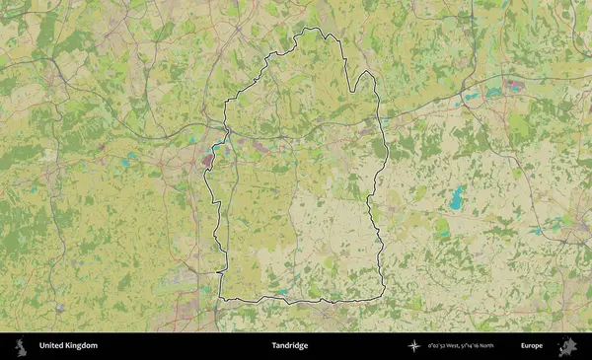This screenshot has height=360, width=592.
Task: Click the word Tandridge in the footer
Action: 290,346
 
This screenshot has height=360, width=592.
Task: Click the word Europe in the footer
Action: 532,346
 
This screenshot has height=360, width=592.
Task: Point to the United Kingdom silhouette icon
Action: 19,346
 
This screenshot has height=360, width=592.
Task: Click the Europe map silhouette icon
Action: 567,346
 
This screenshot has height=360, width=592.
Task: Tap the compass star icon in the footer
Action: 414,346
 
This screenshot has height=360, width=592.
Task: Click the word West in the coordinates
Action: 455,346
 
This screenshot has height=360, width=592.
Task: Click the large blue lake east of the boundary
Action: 457,197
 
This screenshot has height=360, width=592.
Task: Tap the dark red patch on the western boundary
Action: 208,158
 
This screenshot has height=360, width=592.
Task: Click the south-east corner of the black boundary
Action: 383,297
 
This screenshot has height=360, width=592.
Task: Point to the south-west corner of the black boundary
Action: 220,297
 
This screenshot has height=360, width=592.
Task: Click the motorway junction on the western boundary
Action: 226,129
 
